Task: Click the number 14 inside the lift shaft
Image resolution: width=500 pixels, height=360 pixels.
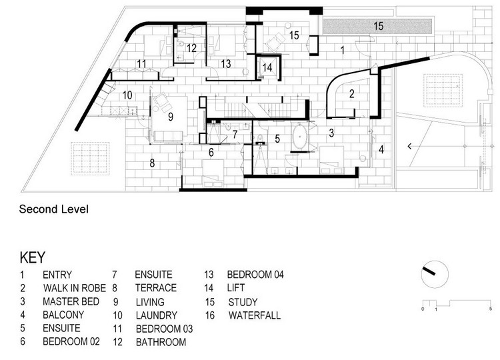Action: point(267,67)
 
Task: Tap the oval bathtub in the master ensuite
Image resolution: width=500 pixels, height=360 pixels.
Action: point(299,137)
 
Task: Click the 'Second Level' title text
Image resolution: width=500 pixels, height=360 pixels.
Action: point(53,209)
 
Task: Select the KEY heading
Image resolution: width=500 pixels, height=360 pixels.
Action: point(33,257)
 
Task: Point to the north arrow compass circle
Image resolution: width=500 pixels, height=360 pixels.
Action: point(435,274)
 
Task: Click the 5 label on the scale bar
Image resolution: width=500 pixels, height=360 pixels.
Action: point(491,309)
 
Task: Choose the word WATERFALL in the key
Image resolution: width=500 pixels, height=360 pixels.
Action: point(255,315)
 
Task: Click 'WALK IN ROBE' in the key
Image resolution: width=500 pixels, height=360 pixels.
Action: point(75,288)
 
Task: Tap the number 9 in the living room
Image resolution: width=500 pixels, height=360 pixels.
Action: point(171,117)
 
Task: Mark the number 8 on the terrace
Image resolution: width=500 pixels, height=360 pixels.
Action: point(152,163)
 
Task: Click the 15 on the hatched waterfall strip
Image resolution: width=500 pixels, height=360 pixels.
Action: point(379,26)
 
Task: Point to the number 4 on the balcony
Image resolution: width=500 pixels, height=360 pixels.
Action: point(381,149)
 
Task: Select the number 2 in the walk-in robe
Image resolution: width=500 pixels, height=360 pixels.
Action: point(352,94)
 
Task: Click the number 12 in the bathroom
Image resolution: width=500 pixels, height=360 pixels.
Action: point(191,48)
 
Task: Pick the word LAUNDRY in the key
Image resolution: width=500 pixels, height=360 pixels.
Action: point(156,315)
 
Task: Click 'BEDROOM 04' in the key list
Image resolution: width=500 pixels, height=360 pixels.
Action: point(255,275)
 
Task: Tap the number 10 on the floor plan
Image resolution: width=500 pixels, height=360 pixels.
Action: point(127,95)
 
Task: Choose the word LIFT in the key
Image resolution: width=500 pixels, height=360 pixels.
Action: point(235,288)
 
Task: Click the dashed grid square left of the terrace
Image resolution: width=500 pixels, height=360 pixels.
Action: point(90,159)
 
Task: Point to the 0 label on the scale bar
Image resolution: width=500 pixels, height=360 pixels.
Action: point(423,309)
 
